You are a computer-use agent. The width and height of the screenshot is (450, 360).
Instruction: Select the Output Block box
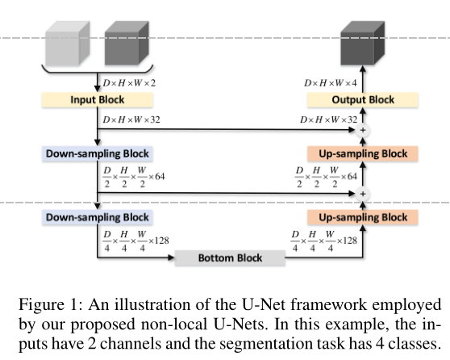click(362, 100)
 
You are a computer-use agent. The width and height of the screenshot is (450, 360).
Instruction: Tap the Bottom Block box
click(230, 259)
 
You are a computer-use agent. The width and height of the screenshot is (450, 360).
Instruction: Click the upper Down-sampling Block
click(97, 153)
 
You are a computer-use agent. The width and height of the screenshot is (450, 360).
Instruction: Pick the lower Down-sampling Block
click(97, 217)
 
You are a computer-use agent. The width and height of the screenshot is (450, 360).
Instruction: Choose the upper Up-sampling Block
click(362, 153)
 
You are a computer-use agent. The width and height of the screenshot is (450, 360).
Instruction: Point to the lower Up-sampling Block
click(362, 217)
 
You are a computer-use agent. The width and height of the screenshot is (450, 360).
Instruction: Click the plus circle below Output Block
click(362, 129)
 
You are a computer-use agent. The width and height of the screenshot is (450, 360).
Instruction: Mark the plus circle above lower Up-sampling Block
click(362, 194)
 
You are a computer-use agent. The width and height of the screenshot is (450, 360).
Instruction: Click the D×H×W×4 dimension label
click(330, 82)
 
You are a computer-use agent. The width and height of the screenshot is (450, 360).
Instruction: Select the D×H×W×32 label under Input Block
click(131, 120)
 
